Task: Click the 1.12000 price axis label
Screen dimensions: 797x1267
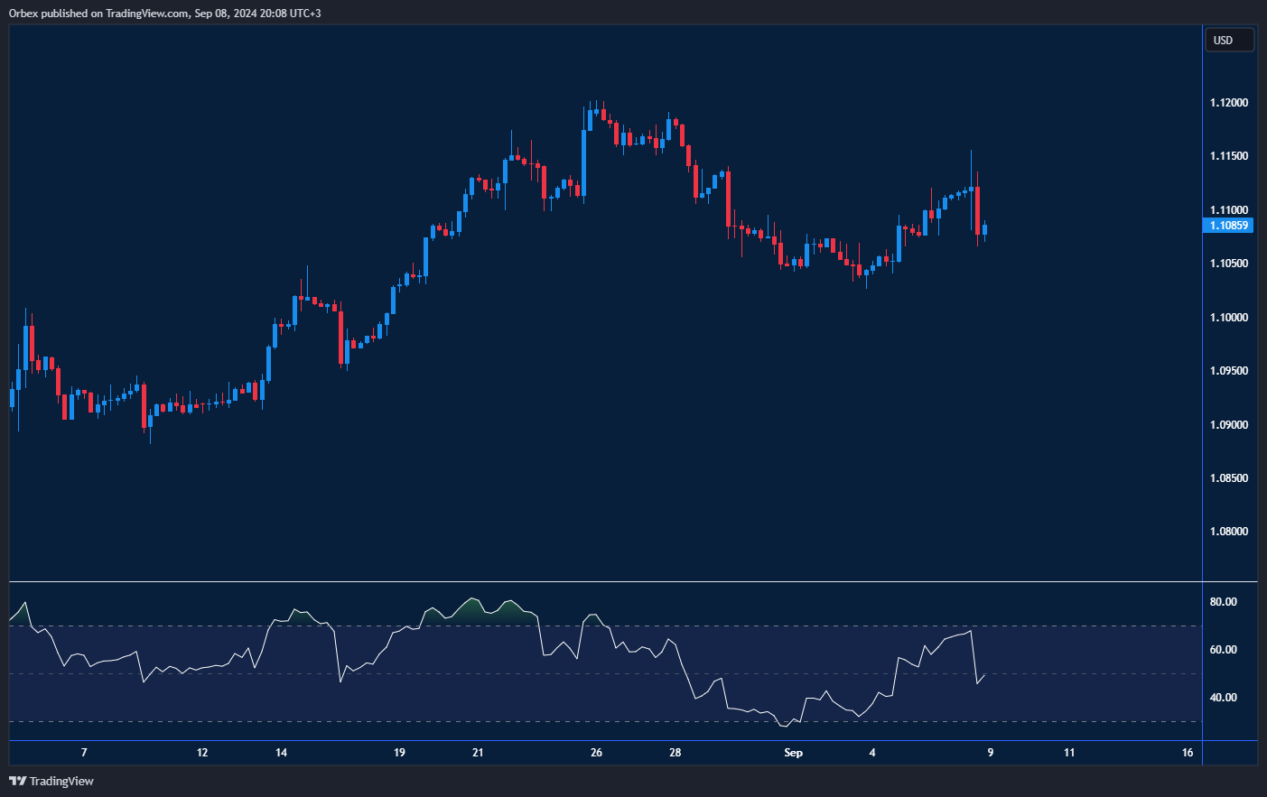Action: click(1228, 103)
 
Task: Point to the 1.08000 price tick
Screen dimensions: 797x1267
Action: click(1228, 532)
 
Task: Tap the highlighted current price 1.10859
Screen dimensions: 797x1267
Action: click(1228, 226)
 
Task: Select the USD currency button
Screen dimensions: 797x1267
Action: click(1228, 41)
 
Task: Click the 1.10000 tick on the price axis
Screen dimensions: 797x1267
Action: click(1228, 318)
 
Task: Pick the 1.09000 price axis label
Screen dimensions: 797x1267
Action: click(1228, 425)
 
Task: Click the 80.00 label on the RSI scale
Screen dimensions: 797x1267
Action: click(1223, 602)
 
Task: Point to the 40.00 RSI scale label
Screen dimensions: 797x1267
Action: click(1223, 698)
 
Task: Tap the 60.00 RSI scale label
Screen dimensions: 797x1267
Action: click(1223, 650)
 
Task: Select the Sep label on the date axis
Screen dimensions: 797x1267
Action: click(793, 753)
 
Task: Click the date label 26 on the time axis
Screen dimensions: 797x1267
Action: click(596, 753)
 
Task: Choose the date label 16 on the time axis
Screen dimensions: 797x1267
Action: click(1188, 753)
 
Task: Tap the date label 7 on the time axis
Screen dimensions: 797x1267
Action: click(84, 753)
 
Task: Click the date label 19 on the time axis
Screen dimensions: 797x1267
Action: click(399, 753)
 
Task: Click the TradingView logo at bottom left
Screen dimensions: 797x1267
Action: click(51, 781)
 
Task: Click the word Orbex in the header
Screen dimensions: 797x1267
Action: click(23, 14)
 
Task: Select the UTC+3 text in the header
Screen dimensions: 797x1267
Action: click(303, 14)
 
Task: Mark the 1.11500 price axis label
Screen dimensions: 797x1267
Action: click(1228, 156)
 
